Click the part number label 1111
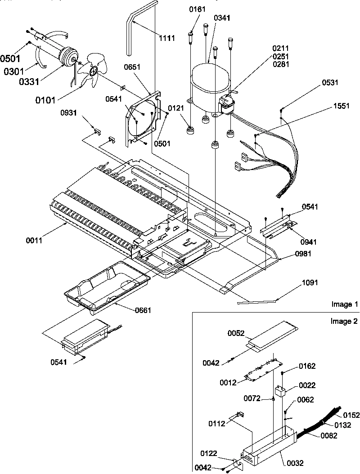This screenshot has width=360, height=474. [x=166, y=38]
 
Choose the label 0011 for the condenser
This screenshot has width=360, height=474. [x=34, y=241]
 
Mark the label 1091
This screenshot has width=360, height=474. [x=310, y=283]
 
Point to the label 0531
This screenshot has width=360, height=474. [x=330, y=82]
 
